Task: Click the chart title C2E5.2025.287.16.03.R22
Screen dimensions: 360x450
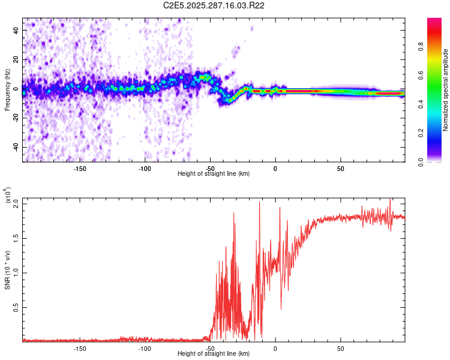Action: coord(214,5)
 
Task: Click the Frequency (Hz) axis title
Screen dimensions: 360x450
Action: coord(7,90)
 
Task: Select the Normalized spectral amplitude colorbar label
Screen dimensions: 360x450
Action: coord(445,90)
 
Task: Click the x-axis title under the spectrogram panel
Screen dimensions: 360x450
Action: coord(214,173)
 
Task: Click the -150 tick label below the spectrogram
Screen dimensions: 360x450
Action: coord(80,168)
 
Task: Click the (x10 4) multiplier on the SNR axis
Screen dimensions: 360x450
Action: coord(7,196)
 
